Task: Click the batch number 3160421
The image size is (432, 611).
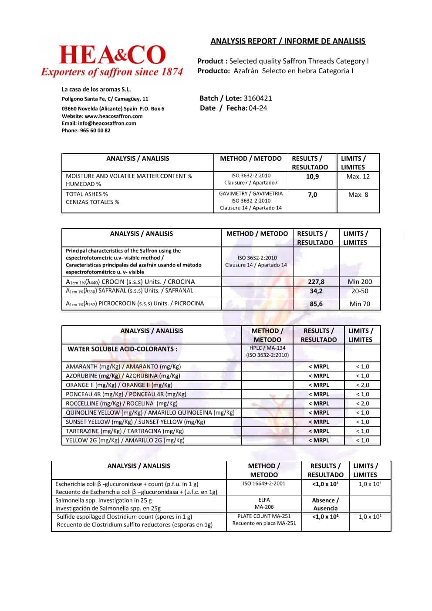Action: pyautogui.click(x=257, y=98)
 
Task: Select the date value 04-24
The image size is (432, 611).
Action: pyautogui.click(x=258, y=108)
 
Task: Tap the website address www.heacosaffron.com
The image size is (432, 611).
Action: pyautogui.click(x=114, y=116)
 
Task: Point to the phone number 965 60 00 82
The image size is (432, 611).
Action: pyautogui.click(x=95, y=131)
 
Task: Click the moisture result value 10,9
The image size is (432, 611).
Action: pyautogui.click(x=312, y=176)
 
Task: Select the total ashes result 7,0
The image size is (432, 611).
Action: pyautogui.click(x=312, y=195)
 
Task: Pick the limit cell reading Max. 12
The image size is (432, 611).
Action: pyautogui.click(x=358, y=176)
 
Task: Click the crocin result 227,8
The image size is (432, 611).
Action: pyautogui.click(x=316, y=282)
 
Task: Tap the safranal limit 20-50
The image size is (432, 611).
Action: pyautogui.click(x=360, y=291)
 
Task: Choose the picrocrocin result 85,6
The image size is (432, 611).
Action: pyautogui.click(x=316, y=304)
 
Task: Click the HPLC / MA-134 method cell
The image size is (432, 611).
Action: pyautogui.click(x=267, y=351)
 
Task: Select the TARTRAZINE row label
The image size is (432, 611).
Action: pyautogui.click(x=125, y=431)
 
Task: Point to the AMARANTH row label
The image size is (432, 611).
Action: pyautogui.click(x=123, y=367)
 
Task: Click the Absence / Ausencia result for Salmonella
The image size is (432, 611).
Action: pyautogui.click(x=325, y=504)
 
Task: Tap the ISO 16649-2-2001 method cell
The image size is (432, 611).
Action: pyautogui.click(x=264, y=483)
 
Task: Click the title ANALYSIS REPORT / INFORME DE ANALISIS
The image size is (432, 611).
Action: pyautogui.click(x=288, y=41)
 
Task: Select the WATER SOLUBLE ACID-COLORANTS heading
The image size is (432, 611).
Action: pyautogui.click(x=122, y=349)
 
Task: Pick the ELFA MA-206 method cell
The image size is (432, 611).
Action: pyautogui.click(x=264, y=503)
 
